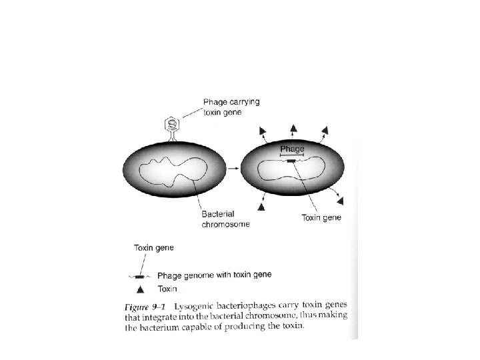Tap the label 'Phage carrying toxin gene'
coord(231,107)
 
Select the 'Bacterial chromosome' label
coord(225,219)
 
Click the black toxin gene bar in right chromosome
coord(291,161)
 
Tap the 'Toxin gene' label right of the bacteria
coord(321,217)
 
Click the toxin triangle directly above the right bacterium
coord(293,127)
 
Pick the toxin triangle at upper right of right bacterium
coord(325,129)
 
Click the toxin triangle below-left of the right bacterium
coord(261,208)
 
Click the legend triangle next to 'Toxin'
coord(140,289)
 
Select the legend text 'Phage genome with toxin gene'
coord(214,275)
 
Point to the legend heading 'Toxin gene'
coord(154,247)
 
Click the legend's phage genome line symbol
coord(140,275)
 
